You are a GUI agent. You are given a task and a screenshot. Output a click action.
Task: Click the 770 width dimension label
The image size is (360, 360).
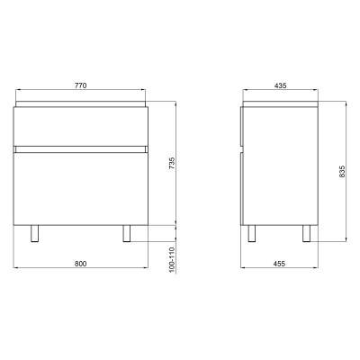point(81,85)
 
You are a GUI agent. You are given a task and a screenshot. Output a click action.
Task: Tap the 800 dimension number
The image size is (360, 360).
point(81,263)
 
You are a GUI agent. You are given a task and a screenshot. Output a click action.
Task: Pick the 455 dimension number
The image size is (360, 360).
point(280,263)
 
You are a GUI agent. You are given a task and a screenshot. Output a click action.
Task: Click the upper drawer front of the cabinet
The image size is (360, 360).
point(81,126)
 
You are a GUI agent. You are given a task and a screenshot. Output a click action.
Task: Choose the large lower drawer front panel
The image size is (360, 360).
point(81,184)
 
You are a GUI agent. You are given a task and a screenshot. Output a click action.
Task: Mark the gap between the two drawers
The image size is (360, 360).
point(81,144)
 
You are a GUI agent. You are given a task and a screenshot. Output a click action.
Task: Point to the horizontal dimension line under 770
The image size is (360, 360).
point(81,91)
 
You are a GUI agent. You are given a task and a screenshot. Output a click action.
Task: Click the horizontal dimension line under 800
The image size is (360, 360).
point(81,269)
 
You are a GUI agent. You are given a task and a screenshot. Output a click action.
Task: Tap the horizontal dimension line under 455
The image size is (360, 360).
point(280,269)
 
